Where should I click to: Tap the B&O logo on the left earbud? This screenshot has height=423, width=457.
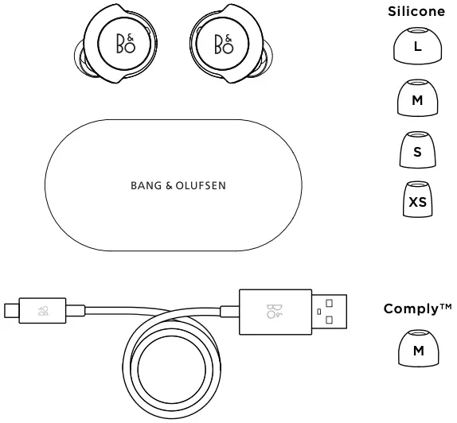[126, 45]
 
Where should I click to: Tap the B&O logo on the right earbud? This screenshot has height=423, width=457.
[224, 45]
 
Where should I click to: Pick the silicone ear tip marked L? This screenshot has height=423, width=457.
[417, 47]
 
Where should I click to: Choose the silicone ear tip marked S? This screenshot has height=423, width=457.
[417, 150]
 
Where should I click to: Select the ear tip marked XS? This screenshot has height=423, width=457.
[417, 200]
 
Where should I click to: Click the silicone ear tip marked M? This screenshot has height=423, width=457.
[417, 99]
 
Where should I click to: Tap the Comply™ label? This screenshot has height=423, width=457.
[417, 308]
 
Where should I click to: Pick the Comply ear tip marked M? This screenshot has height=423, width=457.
[417, 349]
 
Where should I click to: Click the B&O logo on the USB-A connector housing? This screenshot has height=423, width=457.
[275, 311]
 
